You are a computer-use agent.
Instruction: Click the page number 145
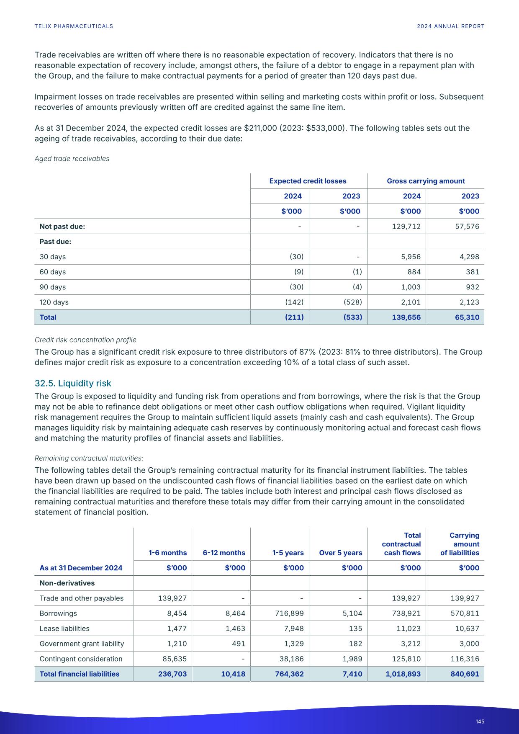[x=480, y=721]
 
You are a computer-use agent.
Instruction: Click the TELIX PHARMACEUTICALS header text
[x=74, y=26]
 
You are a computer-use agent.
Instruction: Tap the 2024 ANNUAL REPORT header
[x=450, y=26]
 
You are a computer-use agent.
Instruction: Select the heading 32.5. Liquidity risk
[x=73, y=383]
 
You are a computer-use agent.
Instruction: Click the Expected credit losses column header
[x=308, y=181]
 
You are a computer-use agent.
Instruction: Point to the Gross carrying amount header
[x=426, y=181]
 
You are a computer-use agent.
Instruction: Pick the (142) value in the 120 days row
[x=294, y=302]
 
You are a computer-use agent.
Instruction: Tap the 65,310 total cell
[x=467, y=317]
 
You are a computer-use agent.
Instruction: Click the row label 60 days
[x=53, y=272]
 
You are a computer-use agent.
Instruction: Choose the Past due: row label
[x=55, y=242]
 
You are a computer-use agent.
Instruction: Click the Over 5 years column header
[x=340, y=553]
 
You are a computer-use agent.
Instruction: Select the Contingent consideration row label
[x=81, y=659]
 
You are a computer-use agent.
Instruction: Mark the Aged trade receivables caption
[x=72, y=159]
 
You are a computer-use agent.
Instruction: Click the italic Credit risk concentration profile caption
[x=85, y=340]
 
